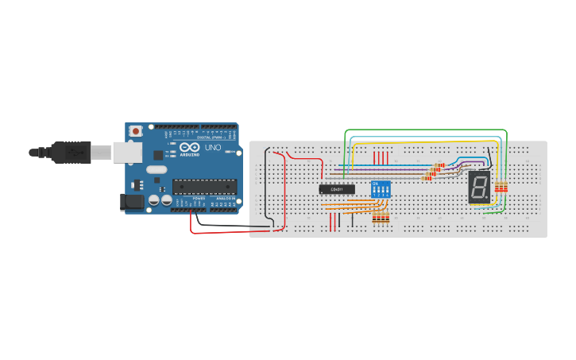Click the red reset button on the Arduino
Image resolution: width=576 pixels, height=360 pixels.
pyautogui.click(x=136, y=130)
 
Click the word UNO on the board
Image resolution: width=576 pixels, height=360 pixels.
pyautogui.click(x=213, y=148)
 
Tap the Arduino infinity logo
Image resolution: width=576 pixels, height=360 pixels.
pyautogui.click(x=191, y=148)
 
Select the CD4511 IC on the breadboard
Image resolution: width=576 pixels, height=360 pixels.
pyautogui.click(x=336, y=189)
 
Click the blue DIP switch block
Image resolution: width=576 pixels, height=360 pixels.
pyautogui.click(x=381, y=189)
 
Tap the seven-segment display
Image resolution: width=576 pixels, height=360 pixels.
pyautogui.click(x=479, y=188)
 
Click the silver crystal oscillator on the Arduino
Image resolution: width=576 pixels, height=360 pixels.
pyautogui.click(x=157, y=169)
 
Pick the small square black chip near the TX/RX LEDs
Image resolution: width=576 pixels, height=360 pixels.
pyautogui.click(x=158, y=155)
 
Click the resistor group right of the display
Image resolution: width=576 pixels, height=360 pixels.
pyautogui.click(x=501, y=188)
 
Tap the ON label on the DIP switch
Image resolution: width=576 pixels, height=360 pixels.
pyautogui.click(x=375, y=182)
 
